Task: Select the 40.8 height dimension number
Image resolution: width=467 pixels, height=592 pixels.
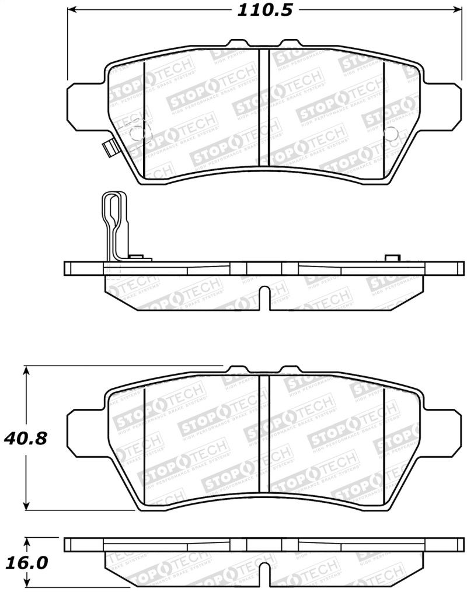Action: pyautogui.click(x=24, y=438)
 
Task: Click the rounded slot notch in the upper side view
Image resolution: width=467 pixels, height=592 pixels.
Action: pyautogui.click(x=265, y=297)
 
